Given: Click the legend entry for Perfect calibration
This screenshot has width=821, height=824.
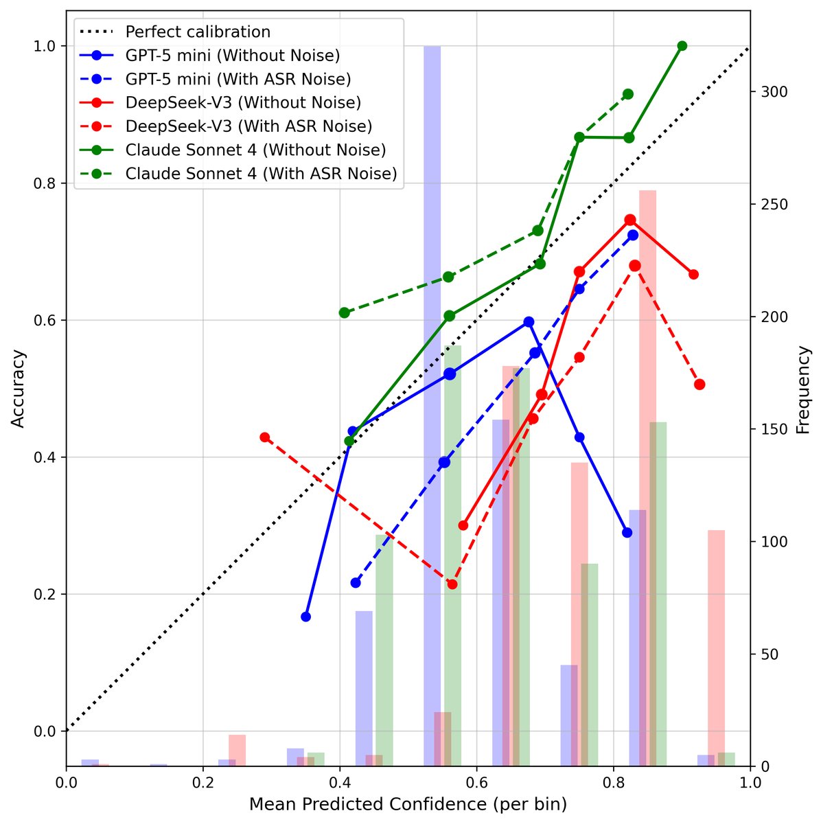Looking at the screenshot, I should [x=198, y=32].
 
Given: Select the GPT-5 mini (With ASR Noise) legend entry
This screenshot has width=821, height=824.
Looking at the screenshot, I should [x=238, y=79].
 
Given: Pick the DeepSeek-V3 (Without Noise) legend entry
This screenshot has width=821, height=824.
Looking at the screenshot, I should [x=243, y=103].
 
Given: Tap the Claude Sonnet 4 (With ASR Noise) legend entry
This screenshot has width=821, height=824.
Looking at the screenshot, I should [x=261, y=174].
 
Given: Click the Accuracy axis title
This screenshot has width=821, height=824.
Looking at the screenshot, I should [x=19, y=389].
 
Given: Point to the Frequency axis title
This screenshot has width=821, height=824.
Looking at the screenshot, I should [x=802, y=389].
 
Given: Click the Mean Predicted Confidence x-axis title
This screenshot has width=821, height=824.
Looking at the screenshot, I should [x=408, y=804].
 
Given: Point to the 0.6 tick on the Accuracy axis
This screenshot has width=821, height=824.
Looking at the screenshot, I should [x=47, y=321].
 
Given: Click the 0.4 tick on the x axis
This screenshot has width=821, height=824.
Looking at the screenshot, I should [x=339, y=782].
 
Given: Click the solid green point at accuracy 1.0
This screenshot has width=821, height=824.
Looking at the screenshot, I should [x=682, y=46].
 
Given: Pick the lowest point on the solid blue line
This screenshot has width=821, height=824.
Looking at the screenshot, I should [x=305, y=617].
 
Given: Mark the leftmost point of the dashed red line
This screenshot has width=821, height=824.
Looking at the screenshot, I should [x=264, y=437].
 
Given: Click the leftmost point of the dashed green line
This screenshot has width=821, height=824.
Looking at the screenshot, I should [x=345, y=312].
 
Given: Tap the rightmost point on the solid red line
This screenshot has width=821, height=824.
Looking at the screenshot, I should [x=693, y=275].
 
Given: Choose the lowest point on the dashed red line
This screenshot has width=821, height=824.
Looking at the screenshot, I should [x=452, y=584].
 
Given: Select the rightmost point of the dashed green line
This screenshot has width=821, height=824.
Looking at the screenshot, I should [x=627, y=94].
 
